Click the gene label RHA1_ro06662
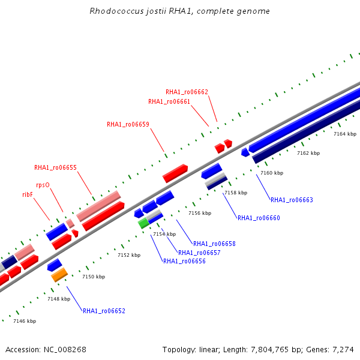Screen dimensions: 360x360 (x=187, y=92)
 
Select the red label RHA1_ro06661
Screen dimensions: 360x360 (x=169, y=101)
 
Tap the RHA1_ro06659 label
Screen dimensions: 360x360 (x=128, y=124)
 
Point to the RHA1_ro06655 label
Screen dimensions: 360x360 (x=55, y=167)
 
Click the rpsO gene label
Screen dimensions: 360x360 (x=43, y=185)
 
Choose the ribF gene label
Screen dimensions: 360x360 (x=28, y=194)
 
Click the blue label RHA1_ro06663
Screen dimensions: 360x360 (x=292, y=200)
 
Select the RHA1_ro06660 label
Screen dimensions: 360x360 (x=259, y=218)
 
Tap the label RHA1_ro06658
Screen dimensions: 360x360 (x=214, y=244)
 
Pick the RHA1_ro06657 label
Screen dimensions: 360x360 (x=199, y=253)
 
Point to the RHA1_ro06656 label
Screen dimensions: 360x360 (x=184, y=261)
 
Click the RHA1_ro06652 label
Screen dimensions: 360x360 (x=104, y=311)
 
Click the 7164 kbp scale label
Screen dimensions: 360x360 (x=345, y=134)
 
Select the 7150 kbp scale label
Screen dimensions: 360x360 (x=94, y=277)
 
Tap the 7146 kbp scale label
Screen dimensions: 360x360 (x=25, y=321)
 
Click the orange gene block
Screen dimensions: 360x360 (x=59, y=275)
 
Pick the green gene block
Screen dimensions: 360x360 (x=143, y=223)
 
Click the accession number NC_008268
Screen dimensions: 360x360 (x=65, y=350)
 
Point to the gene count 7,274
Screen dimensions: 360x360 (x=343, y=350)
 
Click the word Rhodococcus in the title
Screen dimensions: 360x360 (x=116, y=11)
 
